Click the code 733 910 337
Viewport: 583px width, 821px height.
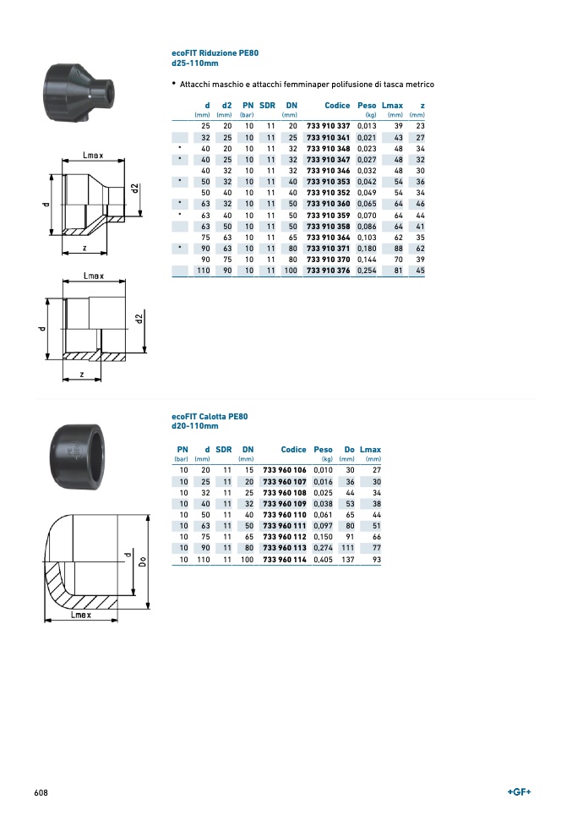click(x=328, y=126)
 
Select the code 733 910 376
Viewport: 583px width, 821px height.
click(x=328, y=271)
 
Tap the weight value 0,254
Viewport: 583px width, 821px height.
click(x=367, y=271)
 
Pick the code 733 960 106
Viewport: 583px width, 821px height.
click(x=285, y=470)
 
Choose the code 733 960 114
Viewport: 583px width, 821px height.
click(x=285, y=560)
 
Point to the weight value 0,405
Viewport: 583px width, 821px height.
click(x=324, y=560)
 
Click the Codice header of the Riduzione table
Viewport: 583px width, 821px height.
click(x=337, y=105)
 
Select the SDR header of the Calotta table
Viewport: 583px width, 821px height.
click(x=223, y=450)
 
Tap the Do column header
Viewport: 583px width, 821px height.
click(x=349, y=450)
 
